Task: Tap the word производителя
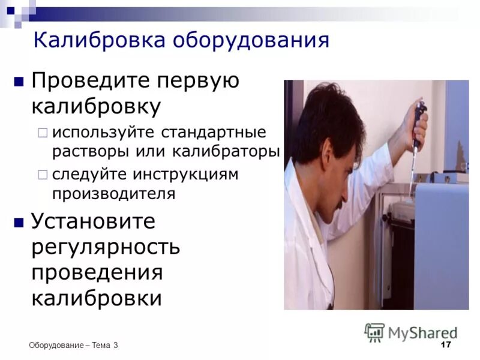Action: (114, 194)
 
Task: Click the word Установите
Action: (93, 221)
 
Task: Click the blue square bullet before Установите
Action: (19, 222)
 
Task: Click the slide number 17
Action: (445, 344)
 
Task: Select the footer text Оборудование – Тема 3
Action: (73, 345)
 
